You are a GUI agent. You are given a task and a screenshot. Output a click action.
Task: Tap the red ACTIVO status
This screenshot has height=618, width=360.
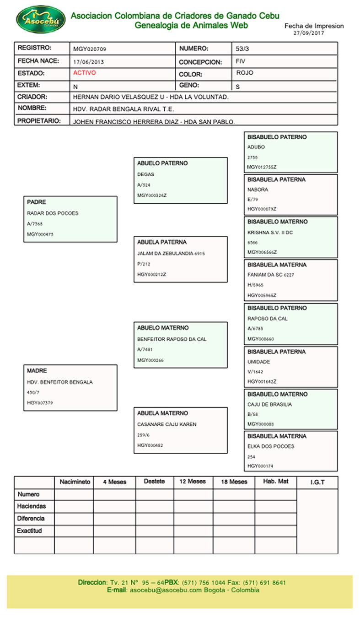tap(85, 73)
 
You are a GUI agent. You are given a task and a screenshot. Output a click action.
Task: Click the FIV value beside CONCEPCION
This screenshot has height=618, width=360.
tap(241, 61)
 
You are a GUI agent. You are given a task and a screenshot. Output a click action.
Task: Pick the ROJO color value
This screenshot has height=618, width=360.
tap(245, 73)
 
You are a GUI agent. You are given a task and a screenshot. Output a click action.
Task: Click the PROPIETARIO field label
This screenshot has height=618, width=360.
tap(39, 121)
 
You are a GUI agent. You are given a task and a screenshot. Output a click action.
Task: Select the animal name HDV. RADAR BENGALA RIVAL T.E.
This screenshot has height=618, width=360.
tap(124, 109)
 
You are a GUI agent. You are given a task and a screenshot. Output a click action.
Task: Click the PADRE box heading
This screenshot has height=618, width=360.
tap(37, 202)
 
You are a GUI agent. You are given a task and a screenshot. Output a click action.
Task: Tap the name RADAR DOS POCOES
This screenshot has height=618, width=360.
tap(53, 213)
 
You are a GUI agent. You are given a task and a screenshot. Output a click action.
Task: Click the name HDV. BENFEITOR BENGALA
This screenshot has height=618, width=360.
tap(60, 382)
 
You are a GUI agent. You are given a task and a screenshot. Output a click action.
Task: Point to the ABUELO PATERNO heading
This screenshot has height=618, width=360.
tap(162, 163)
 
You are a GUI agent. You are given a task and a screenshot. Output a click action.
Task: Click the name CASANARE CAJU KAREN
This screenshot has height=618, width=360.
tap(167, 424)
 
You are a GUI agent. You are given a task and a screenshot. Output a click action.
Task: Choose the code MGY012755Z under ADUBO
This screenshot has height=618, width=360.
tap(262, 167)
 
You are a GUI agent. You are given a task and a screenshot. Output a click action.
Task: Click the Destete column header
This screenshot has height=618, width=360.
tap(154, 482)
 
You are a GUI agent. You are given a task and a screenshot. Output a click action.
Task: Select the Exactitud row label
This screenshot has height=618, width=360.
tap(30, 531)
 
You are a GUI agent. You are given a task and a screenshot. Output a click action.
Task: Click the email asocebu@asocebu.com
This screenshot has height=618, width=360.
tap(166, 590)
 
